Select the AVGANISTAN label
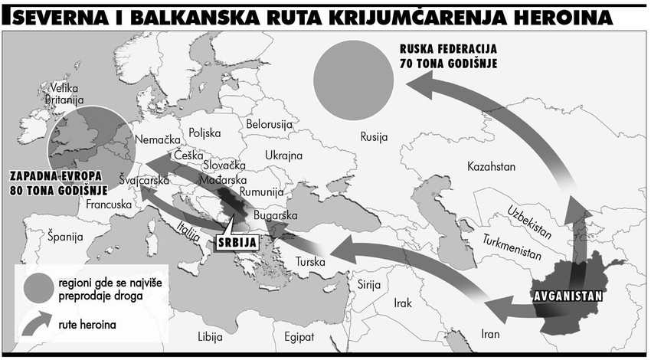coord(567,295)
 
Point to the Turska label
coord(310,262)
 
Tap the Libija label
coord(209,337)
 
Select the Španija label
coord(64,236)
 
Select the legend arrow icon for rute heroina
coord(37,325)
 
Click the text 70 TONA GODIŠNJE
coord(448,64)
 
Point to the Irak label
coord(402,303)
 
